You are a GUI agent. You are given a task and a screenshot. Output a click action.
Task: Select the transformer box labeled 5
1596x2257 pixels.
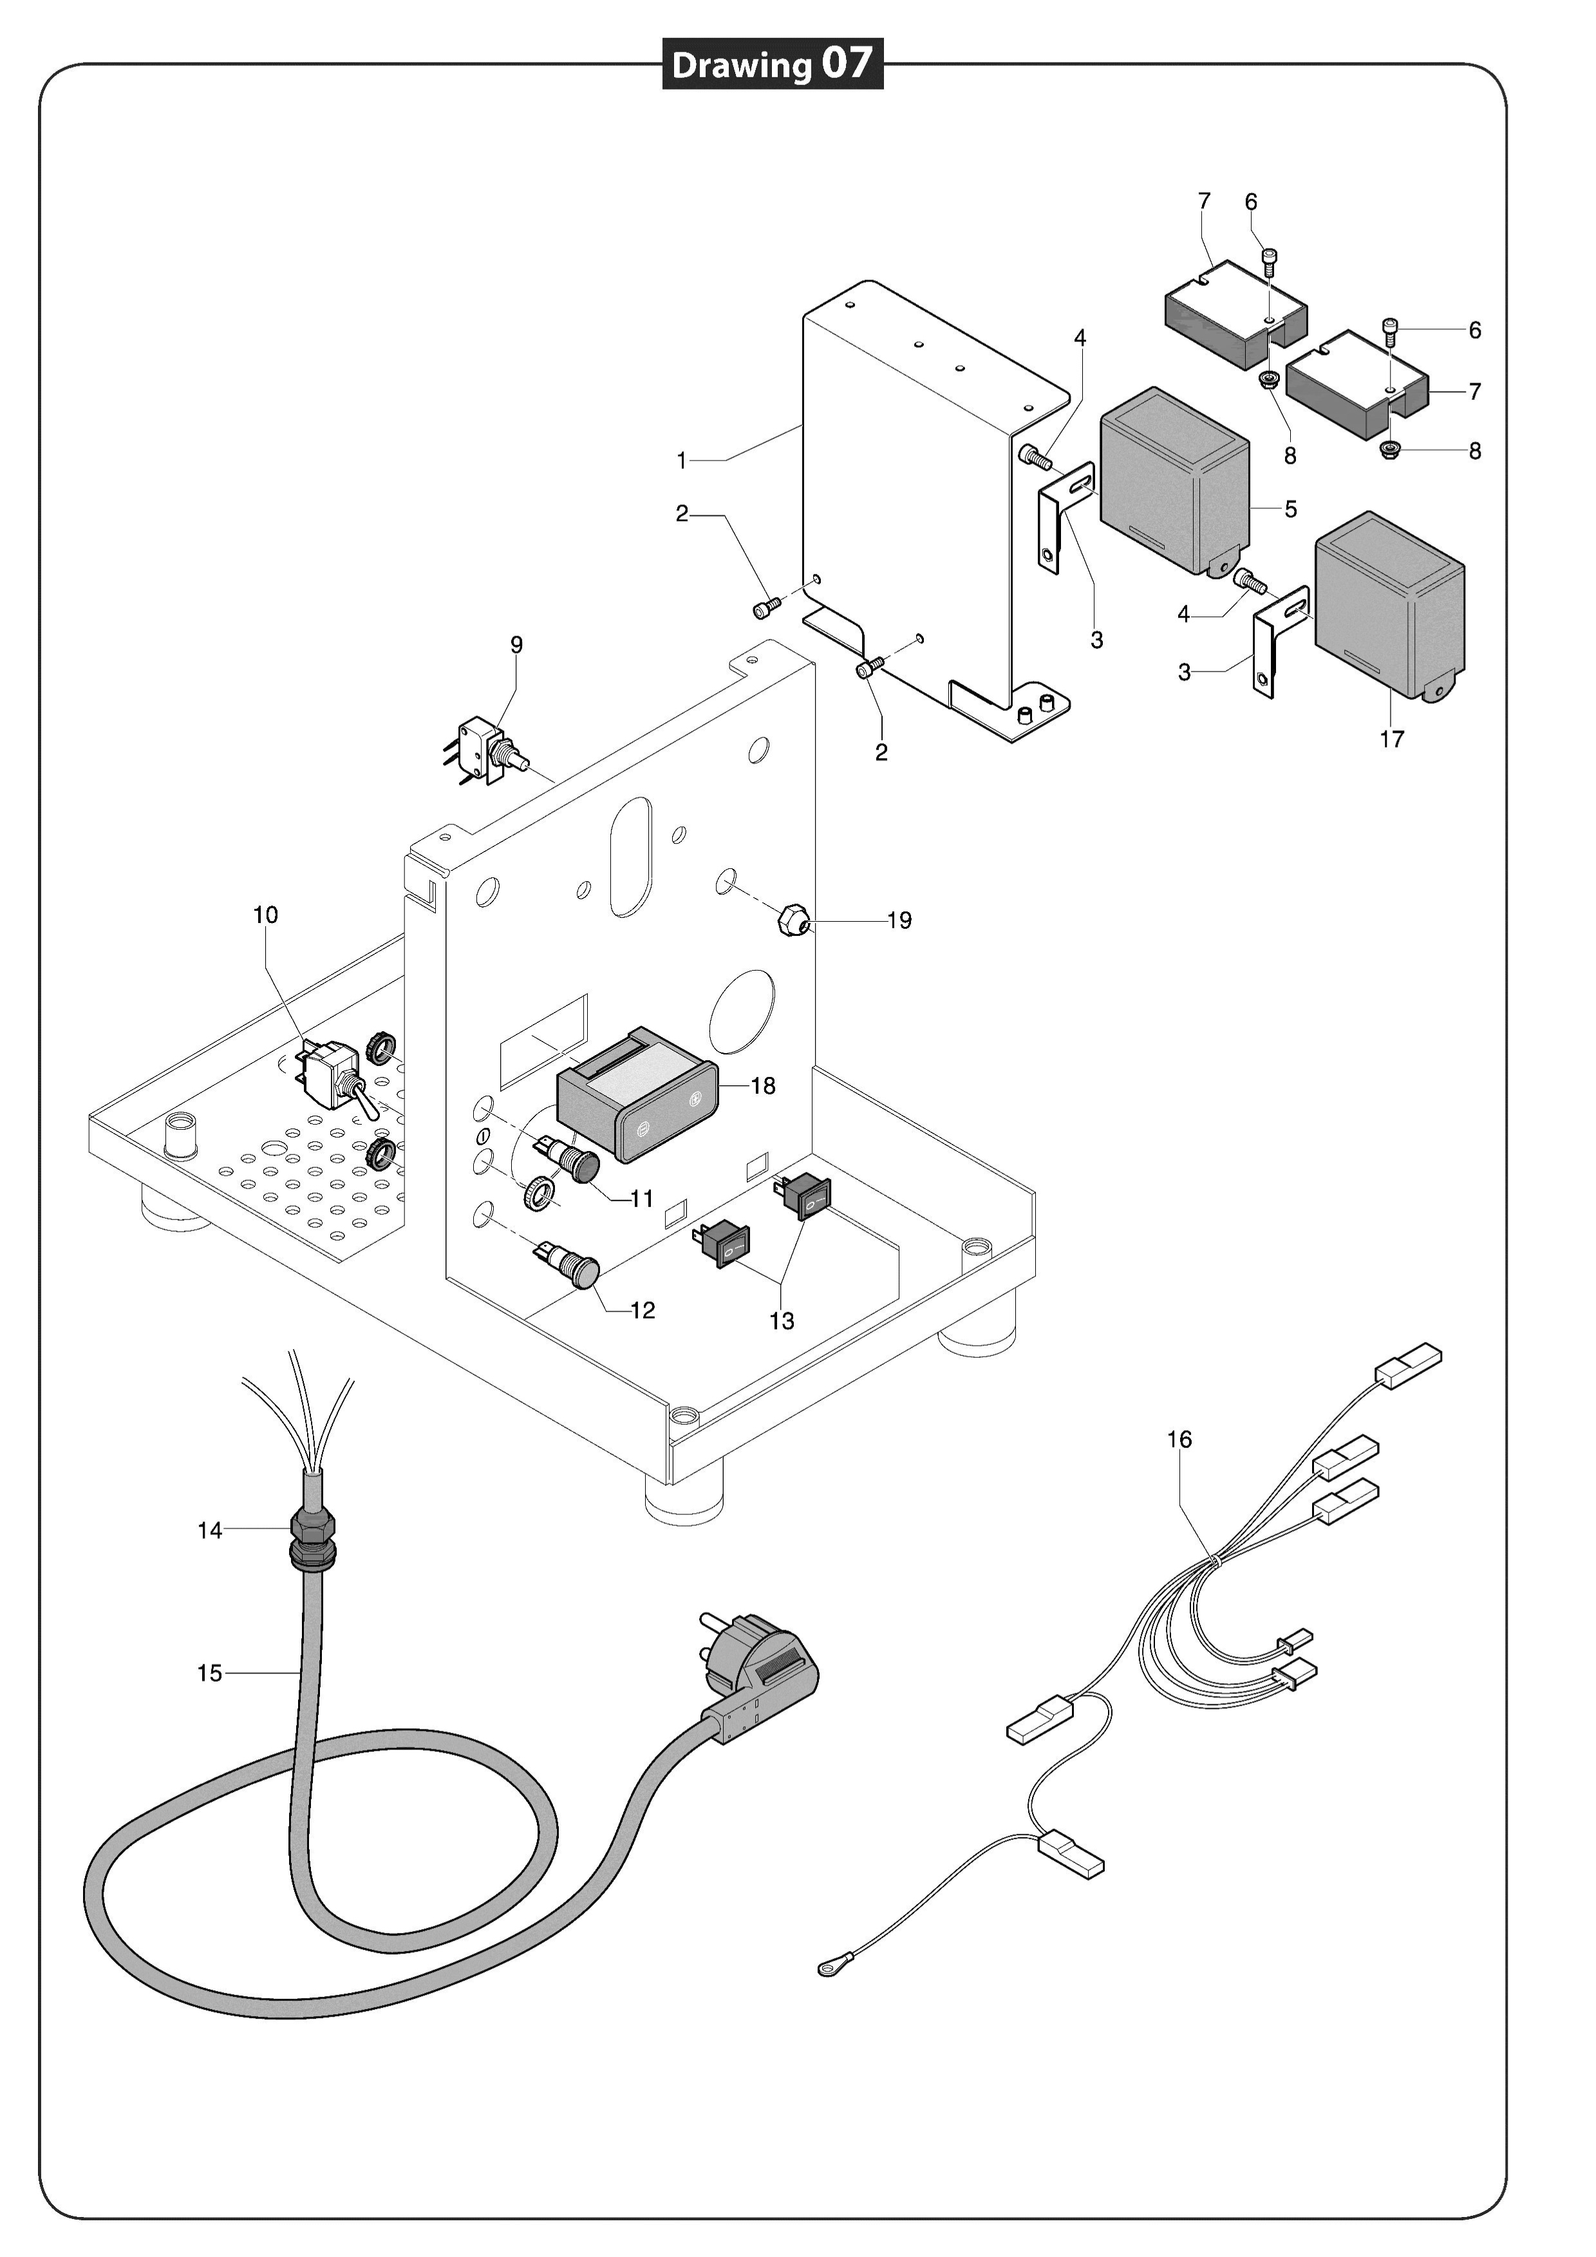[x=1174, y=482]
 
